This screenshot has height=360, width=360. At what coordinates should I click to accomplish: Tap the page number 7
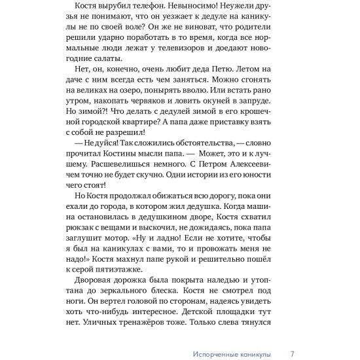pos(291,353)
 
